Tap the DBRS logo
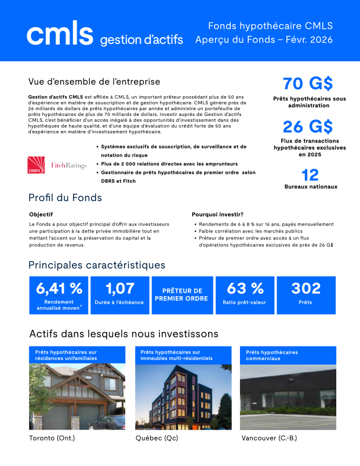pyautogui.click(x=35, y=165)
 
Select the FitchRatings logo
pyautogui.click(x=68, y=165)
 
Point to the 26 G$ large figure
pyautogui.click(x=308, y=126)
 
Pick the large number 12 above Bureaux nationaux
pyautogui.click(x=310, y=174)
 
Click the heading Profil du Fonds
pyautogui.click(x=66, y=198)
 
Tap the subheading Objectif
pyautogui.click(x=41, y=214)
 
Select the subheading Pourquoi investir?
pyautogui.click(x=217, y=214)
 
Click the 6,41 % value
pyautogui.click(x=59, y=288)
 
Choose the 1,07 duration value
pyautogui.click(x=120, y=288)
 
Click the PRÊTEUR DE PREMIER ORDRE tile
pyautogui.click(x=181, y=294)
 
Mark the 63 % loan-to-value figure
pyautogui.click(x=245, y=288)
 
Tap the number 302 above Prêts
pyautogui.click(x=306, y=288)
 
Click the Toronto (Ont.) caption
pyautogui.click(x=52, y=438)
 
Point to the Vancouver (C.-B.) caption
pyautogui.click(x=268, y=438)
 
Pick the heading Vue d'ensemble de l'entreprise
pyautogui.click(x=94, y=82)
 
